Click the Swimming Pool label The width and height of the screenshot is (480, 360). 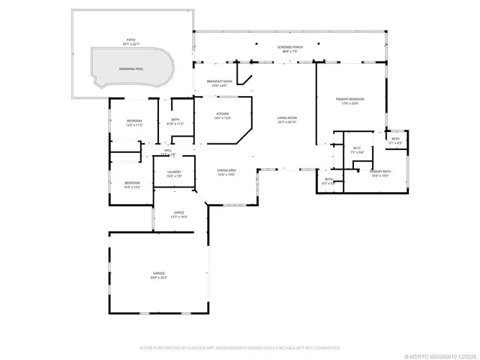click(131, 68)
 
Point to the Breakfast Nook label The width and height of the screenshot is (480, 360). click(214, 82)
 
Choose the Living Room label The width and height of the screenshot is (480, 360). click(287, 118)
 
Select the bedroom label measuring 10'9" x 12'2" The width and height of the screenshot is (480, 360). click(132, 183)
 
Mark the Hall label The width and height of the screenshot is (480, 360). click(168, 151)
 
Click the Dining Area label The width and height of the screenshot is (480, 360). click(226, 171)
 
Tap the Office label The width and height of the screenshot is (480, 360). click(179, 213)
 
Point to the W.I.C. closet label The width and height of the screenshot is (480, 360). click(358, 148)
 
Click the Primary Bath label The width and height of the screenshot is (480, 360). click(381, 172)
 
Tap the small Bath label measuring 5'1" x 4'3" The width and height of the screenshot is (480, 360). click(396, 139)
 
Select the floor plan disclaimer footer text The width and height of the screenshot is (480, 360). click(240, 347)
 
